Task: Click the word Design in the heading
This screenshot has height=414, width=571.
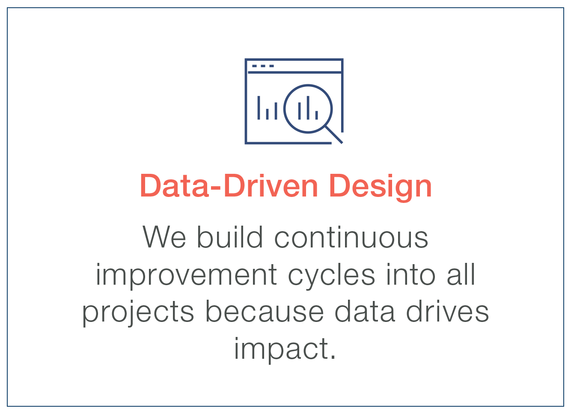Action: (381, 187)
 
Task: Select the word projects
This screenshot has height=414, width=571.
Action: (138, 312)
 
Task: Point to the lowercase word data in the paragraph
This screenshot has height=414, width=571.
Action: (364, 312)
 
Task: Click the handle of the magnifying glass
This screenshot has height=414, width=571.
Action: (334, 134)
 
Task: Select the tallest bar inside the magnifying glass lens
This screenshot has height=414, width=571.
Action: (308, 107)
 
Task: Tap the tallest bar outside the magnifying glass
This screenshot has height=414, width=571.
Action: (259, 107)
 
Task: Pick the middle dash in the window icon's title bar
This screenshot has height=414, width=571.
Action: (263, 66)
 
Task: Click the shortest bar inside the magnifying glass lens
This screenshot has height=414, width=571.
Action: (316, 115)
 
